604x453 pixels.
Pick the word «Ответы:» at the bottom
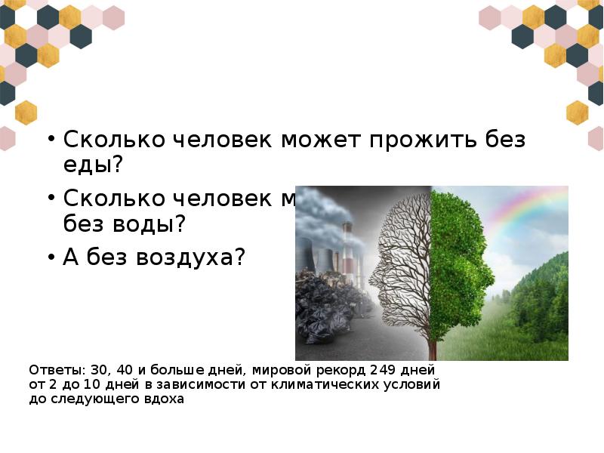point(57,370)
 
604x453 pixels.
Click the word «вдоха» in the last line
point(164,399)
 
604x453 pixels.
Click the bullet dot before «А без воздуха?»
point(51,257)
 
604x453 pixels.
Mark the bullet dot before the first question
point(51,140)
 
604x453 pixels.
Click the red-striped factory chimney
point(347,249)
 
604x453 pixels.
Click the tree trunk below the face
point(432,344)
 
